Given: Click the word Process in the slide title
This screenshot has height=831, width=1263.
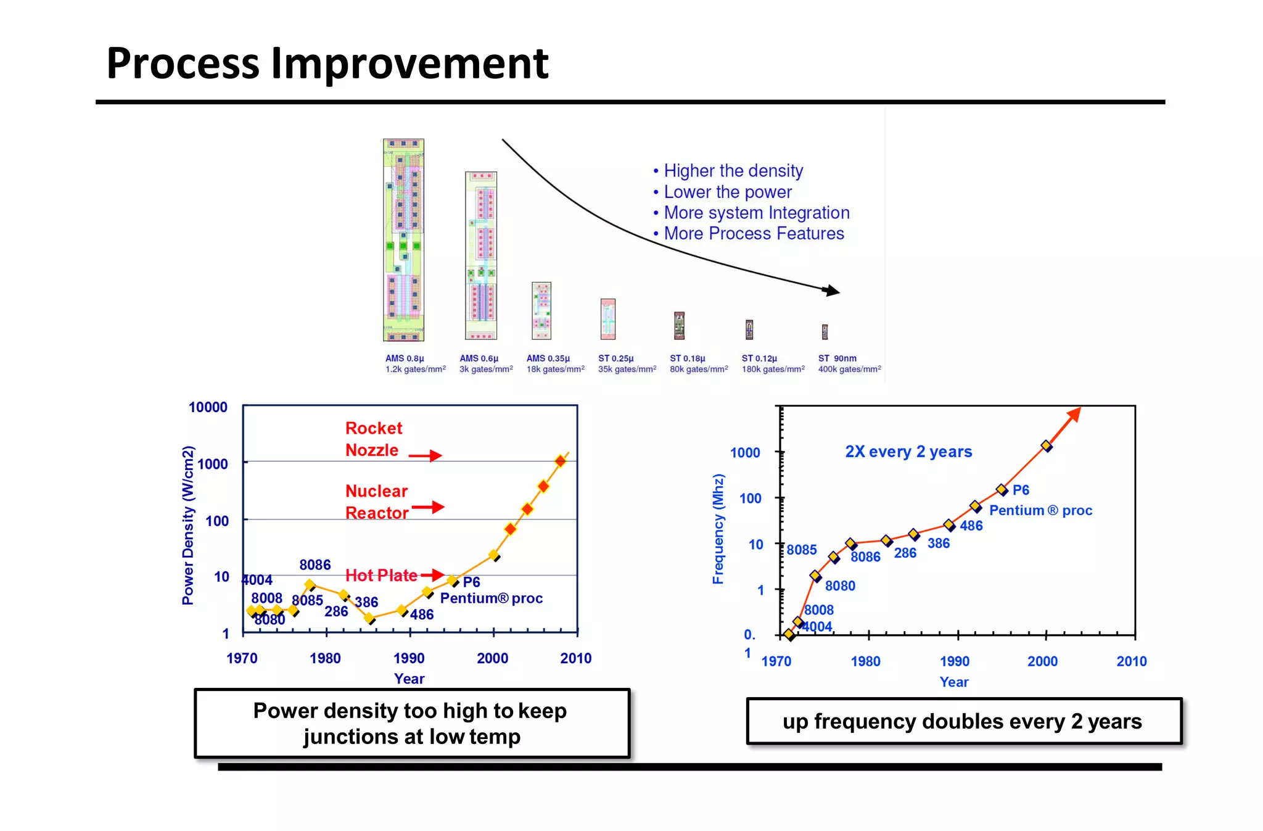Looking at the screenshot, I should [183, 64].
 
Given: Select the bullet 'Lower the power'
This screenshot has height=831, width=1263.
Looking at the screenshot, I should [727, 192].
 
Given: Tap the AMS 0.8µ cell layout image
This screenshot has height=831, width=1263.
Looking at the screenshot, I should [403, 239].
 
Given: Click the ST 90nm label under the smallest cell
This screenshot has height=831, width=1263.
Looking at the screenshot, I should [837, 358].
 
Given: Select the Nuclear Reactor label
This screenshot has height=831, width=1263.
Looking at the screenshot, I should [376, 502].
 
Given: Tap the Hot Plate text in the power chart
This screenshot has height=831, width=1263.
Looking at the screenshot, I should [381, 576].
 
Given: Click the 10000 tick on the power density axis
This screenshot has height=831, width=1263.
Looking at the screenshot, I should [208, 407].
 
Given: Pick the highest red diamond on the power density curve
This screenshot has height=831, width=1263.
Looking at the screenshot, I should [560, 461].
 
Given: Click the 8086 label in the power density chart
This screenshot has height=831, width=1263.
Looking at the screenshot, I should [315, 564].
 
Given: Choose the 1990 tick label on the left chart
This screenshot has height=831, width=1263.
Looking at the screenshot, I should [409, 658].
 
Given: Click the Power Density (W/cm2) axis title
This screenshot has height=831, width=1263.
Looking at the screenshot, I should [188, 524].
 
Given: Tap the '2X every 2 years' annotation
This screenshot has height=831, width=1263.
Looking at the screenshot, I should [908, 452].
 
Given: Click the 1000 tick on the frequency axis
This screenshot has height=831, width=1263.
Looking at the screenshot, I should [745, 453].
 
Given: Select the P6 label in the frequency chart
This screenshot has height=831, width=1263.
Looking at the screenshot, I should [1021, 490].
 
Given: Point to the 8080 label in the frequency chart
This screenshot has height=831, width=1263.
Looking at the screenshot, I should [840, 585].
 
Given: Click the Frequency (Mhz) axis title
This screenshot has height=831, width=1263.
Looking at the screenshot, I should [718, 529].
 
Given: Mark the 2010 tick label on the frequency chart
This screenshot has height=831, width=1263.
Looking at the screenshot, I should [1131, 661].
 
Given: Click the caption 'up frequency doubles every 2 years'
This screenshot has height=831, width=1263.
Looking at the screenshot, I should [962, 721].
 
